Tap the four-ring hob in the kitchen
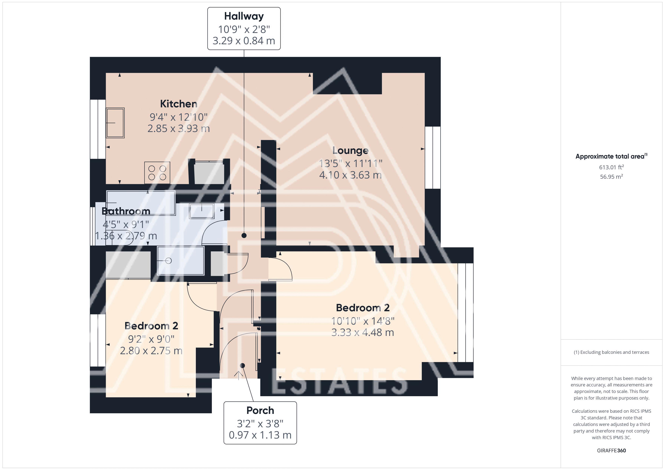(157, 173)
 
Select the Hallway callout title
(244, 16)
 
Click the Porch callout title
(260, 410)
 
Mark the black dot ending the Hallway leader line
(244, 236)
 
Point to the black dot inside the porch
(243, 365)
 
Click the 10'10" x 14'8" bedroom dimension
(363, 321)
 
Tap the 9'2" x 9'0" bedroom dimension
(151, 339)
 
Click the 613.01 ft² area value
(611, 167)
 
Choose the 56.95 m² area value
(611, 177)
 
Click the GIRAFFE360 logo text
(611, 451)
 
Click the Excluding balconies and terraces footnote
(611, 352)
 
